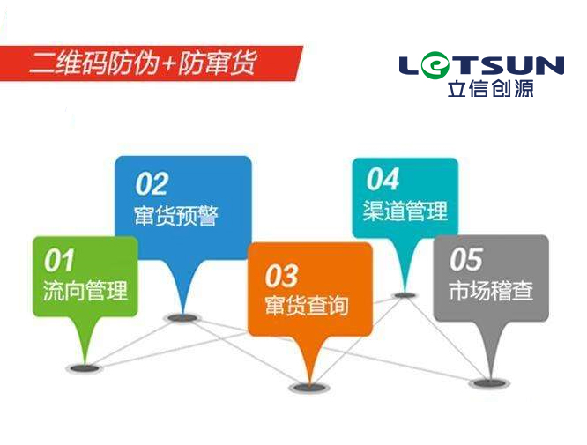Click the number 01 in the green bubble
pos(59,260)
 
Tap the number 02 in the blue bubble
pos(152,184)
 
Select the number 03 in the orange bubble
pos(281,276)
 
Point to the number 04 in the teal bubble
pos(383,179)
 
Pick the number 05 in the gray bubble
pos(466,259)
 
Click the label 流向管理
pos(85,291)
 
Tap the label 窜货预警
pos(176,215)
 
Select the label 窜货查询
pos(307,305)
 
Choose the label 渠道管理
pos(405,211)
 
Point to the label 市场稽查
pos(491,290)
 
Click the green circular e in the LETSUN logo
pos(435,65)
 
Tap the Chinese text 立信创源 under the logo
pos(490,88)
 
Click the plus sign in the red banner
pos(169,64)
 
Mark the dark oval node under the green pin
pos(85,368)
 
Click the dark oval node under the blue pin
pos(182,318)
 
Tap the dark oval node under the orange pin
pos(309,388)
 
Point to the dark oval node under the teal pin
pos(404,295)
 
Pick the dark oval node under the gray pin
pos(490,382)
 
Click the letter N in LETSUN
pos(549,65)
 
